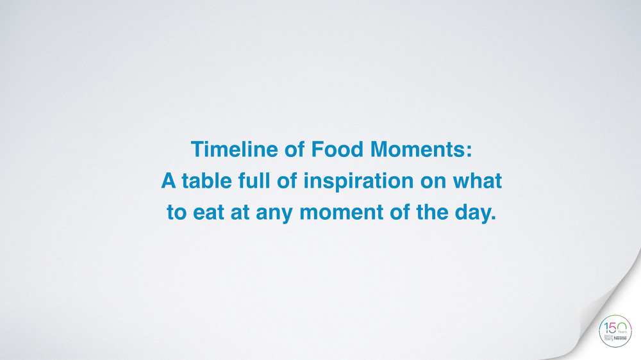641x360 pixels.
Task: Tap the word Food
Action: [337, 149]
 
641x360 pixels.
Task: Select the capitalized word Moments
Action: [421, 149]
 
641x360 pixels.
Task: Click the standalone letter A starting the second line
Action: [169, 181]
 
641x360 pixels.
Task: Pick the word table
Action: [207, 181]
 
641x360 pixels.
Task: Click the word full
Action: [254, 181]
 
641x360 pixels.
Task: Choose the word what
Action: [477, 181]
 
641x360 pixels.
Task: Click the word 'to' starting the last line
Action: [177, 213]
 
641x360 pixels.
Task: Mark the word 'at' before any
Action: [240, 213]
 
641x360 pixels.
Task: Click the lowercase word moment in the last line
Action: [342, 213]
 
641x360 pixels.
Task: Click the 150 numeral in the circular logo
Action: [615, 328]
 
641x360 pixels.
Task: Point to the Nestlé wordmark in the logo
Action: [620, 338]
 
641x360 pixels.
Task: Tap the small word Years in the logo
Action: [622, 332]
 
